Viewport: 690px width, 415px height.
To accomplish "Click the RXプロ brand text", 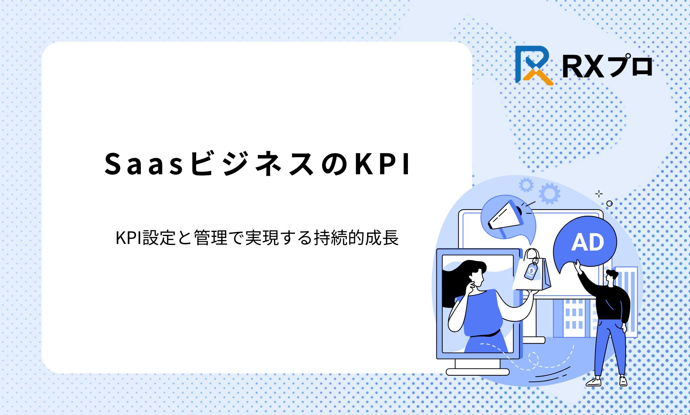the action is click(607, 66).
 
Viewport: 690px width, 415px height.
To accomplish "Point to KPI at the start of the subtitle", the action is click(129, 238).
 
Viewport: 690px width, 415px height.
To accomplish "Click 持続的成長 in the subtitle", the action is click(356, 238).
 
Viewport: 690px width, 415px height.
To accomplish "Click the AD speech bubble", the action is click(585, 243).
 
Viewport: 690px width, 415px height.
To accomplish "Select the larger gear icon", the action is click(550, 194).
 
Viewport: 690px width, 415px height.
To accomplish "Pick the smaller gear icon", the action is click(526, 185).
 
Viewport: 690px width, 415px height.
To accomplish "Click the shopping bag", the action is click(532, 271).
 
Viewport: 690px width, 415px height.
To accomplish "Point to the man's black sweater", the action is click(607, 298).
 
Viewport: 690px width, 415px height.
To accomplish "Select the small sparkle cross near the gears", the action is click(599, 194).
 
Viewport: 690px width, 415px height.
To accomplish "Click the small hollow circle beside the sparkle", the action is click(609, 204).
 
